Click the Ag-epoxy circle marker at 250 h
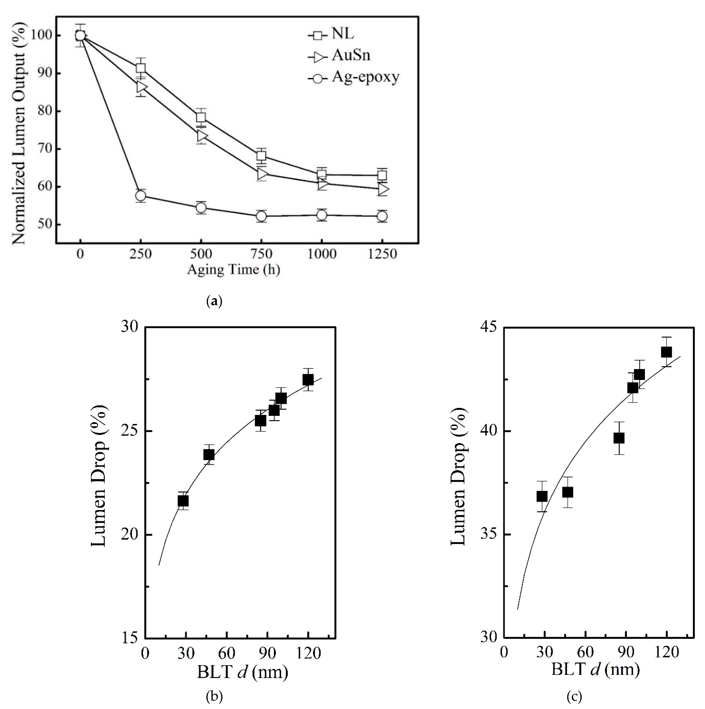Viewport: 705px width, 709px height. pos(141,196)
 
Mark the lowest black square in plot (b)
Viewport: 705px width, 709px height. pos(183,501)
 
